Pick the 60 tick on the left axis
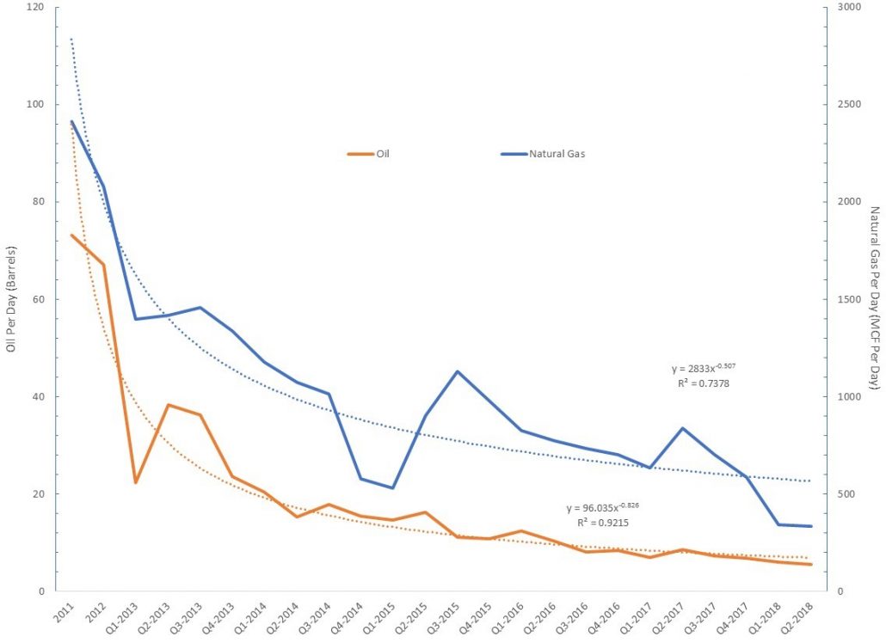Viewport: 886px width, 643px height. coord(37,299)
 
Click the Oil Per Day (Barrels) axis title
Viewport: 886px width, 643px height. coord(11,298)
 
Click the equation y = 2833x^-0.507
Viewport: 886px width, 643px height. coord(703,369)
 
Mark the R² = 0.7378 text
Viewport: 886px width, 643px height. coord(704,383)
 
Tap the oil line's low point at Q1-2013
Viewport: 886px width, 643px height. coord(135,482)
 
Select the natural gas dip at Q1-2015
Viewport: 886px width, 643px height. coord(393,488)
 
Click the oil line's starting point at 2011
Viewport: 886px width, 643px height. coord(71,235)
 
